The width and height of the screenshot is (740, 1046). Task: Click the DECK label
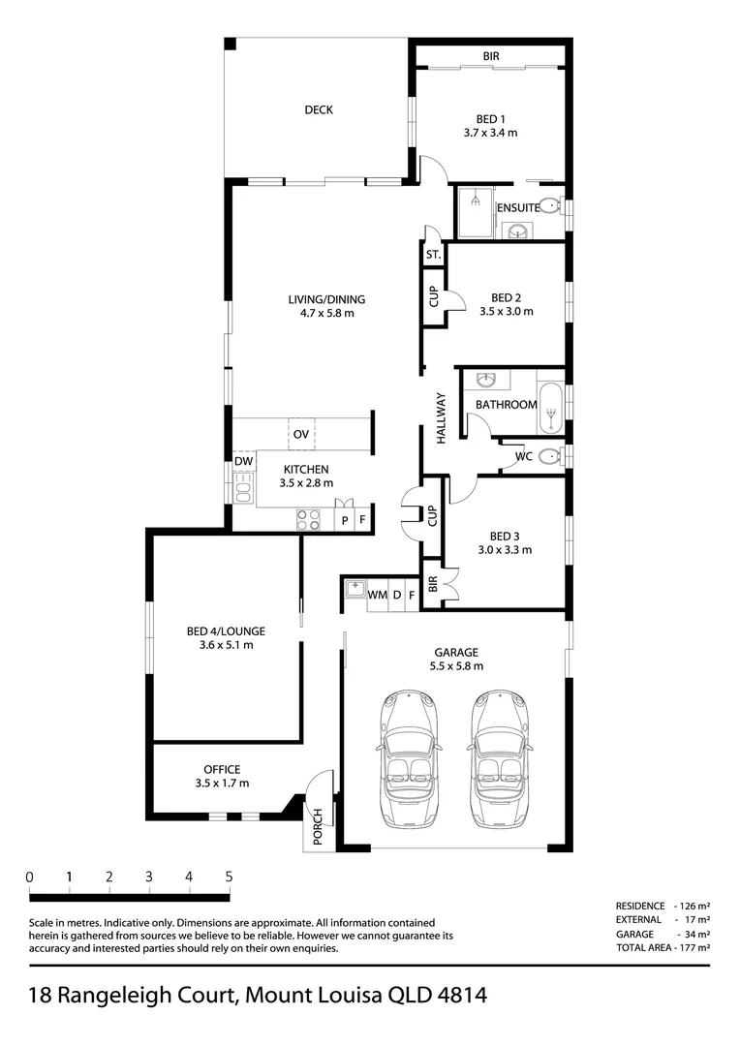(319, 110)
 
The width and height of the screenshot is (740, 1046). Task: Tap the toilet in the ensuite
(550, 205)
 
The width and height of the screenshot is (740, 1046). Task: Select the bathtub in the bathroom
(550, 409)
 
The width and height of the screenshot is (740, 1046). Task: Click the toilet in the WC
(550, 456)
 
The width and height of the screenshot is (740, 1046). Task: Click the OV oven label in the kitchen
(301, 434)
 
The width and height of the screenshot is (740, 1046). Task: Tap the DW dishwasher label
(243, 461)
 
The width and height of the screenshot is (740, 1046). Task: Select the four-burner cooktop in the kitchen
(308, 520)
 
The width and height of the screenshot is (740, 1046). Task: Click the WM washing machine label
(377, 595)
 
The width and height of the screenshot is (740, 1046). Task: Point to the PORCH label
(318, 826)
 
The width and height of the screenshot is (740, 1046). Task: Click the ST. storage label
(433, 255)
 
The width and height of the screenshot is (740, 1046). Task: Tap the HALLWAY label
(441, 418)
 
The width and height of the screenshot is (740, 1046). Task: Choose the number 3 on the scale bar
(149, 877)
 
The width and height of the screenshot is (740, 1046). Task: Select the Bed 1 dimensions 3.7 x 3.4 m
(490, 133)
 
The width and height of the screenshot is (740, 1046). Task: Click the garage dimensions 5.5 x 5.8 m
(456, 665)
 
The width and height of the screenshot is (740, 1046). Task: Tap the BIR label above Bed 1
(491, 57)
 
